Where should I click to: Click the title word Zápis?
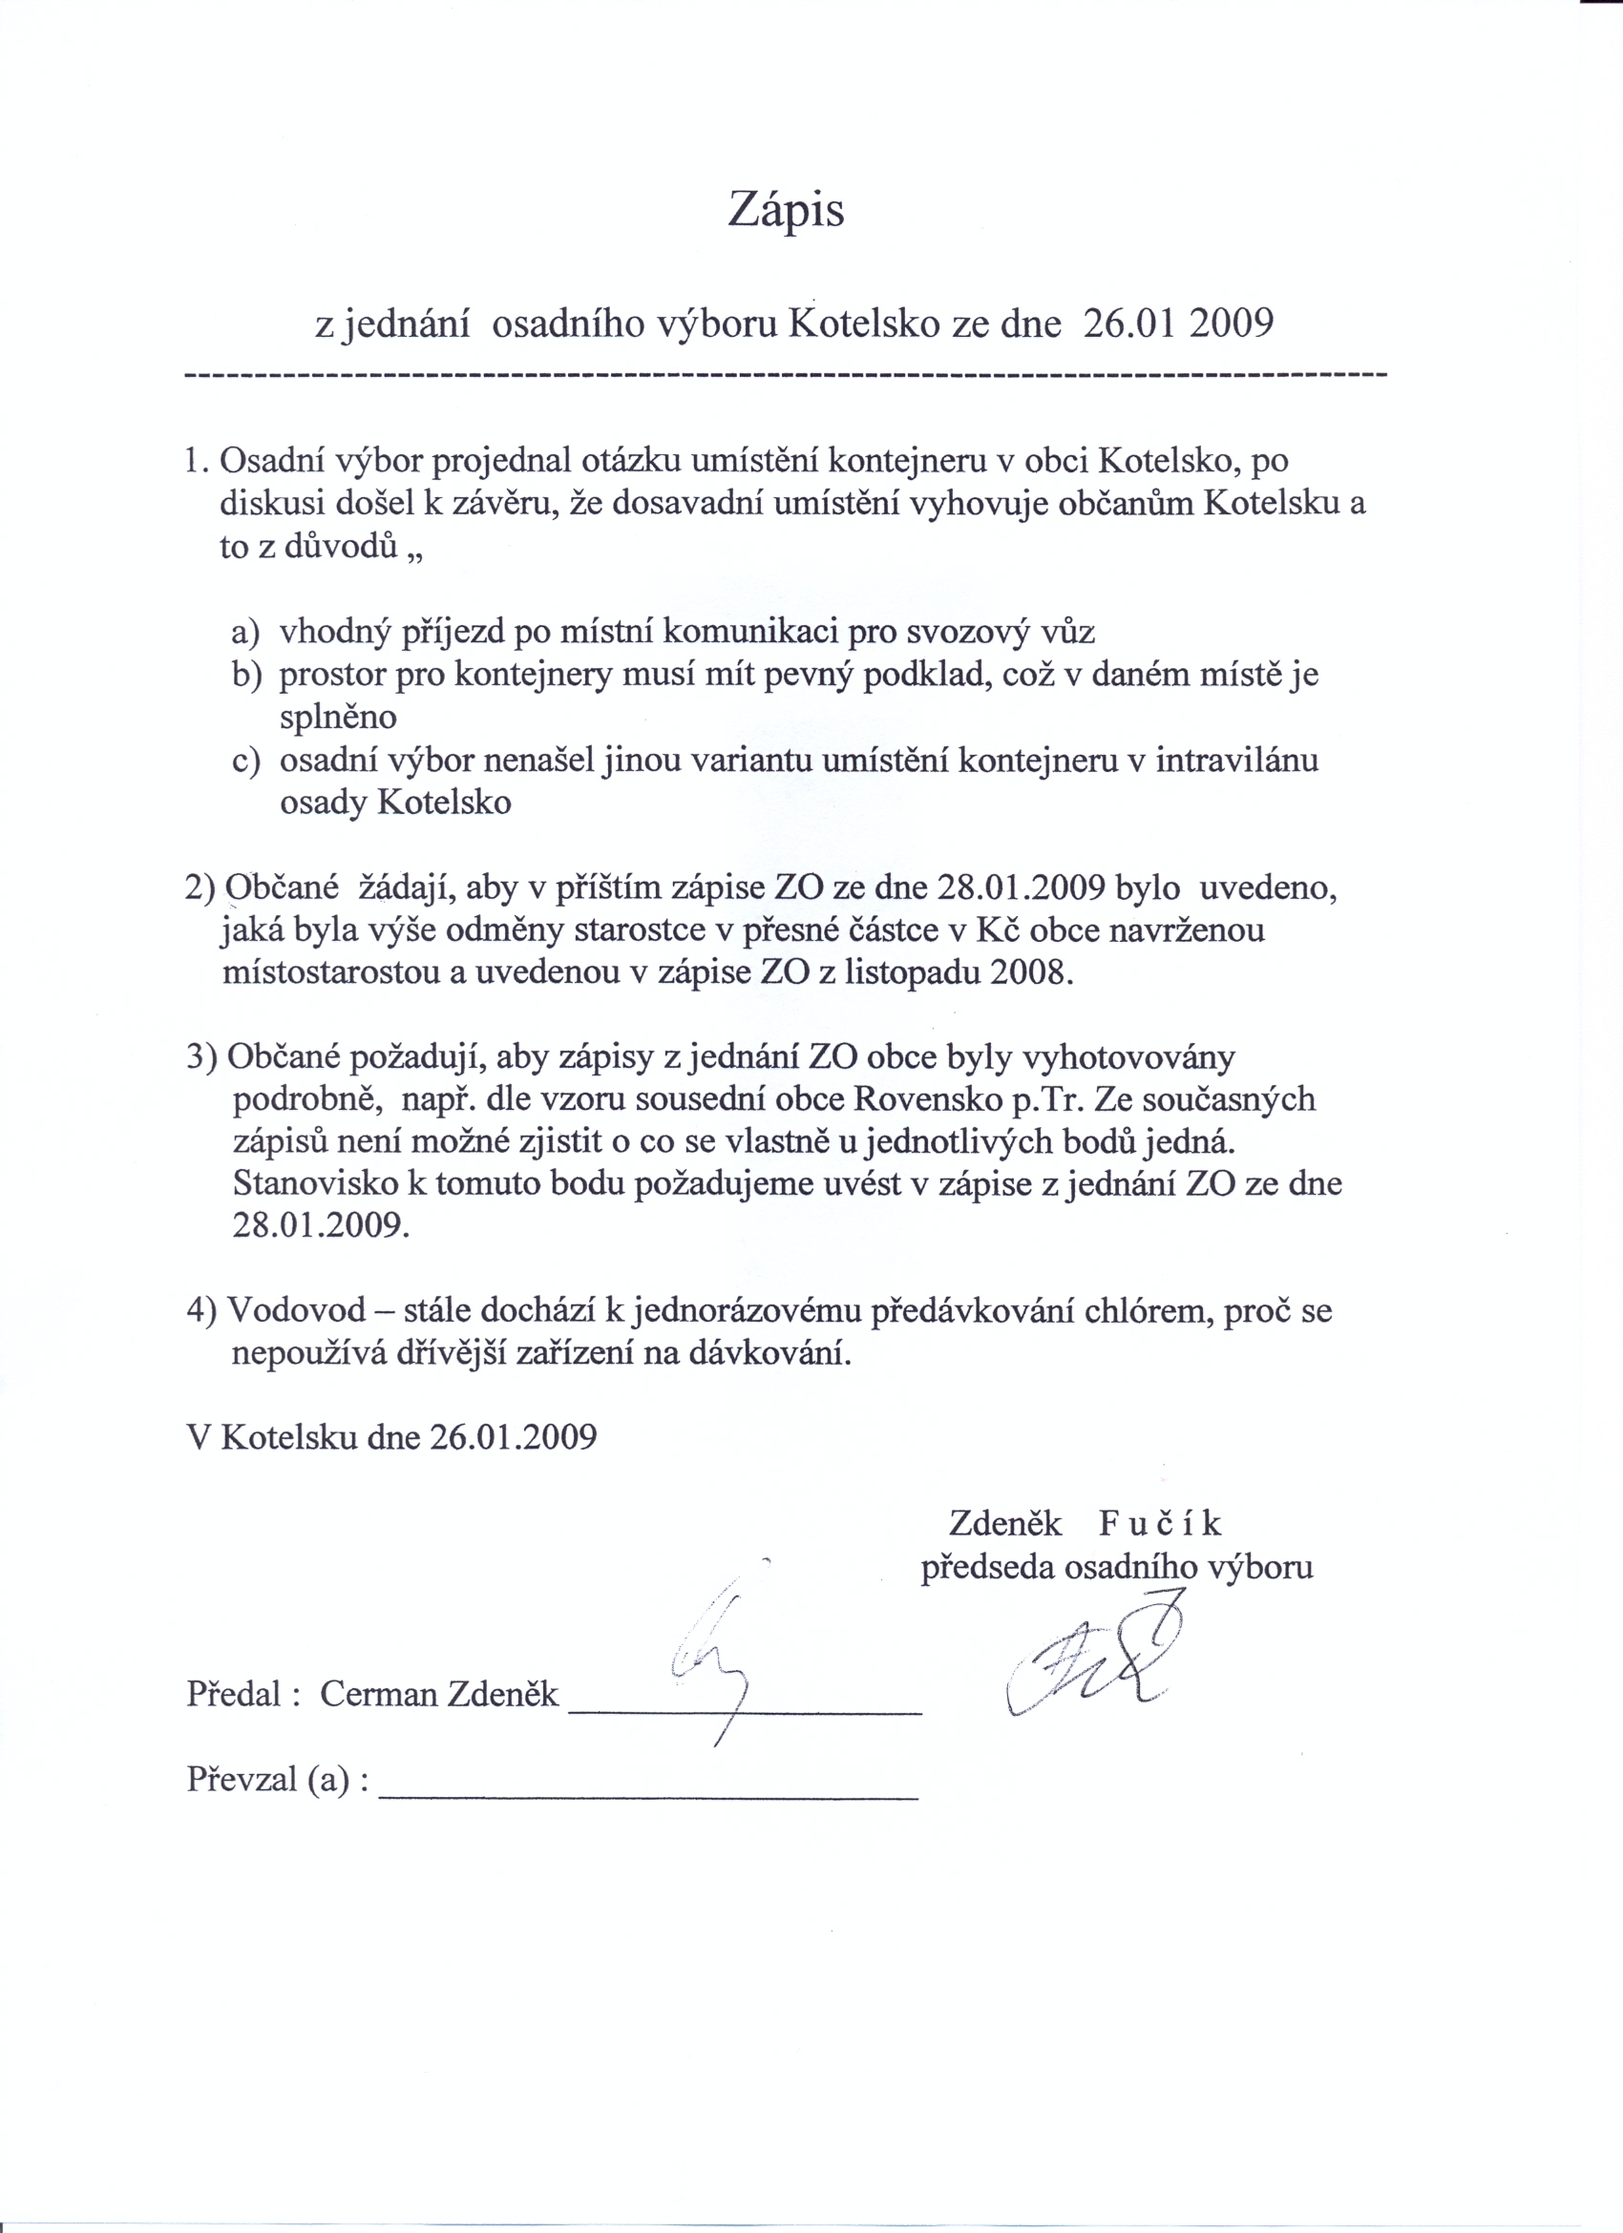[x=786, y=211]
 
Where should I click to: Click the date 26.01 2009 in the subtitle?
[x=1177, y=323]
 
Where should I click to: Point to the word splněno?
[x=338, y=717]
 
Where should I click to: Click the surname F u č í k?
[x=1161, y=1523]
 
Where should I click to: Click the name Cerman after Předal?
[x=379, y=1694]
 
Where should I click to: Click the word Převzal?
[x=242, y=1779]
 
